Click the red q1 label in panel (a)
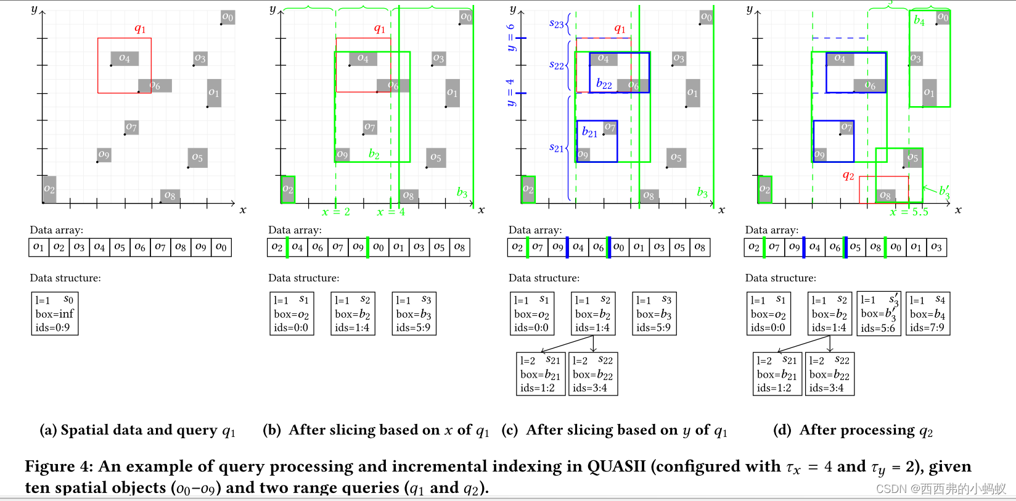(x=140, y=29)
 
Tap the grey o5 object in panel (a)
(x=197, y=157)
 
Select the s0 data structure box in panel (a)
(x=55, y=313)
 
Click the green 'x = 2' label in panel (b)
(x=336, y=212)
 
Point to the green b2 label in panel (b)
(x=374, y=154)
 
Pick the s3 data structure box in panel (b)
(x=414, y=313)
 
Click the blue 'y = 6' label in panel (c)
(x=510, y=38)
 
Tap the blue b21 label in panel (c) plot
(x=589, y=132)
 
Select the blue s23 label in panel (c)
(x=556, y=24)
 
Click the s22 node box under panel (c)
(x=592, y=374)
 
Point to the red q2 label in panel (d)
(x=848, y=176)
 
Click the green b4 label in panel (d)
(x=919, y=20)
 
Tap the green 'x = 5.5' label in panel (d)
(x=909, y=212)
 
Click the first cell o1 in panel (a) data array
(x=39, y=247)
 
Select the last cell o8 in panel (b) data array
(x=459, y=247)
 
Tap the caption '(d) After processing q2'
(x=853, y=430)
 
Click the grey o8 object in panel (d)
(x=885, y=196)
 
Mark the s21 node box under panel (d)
(x=777, y=374)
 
